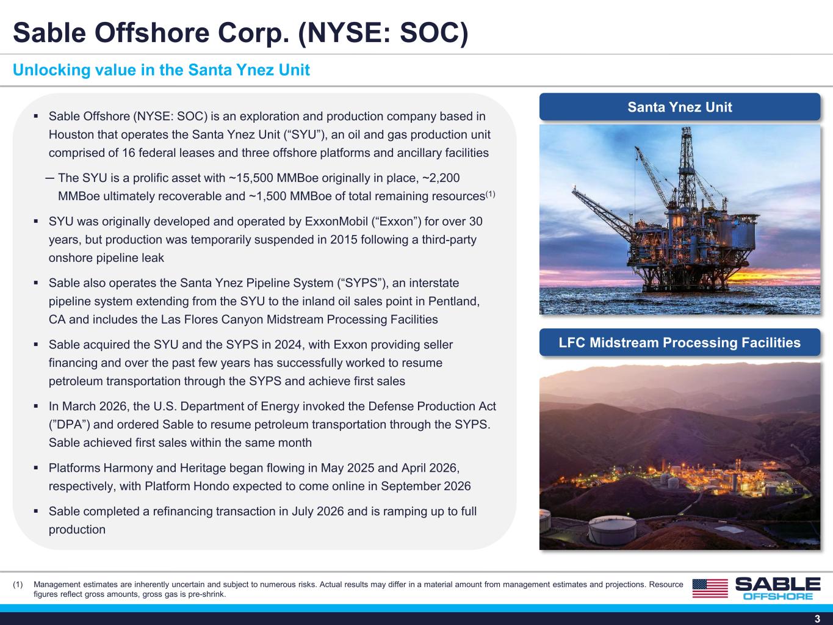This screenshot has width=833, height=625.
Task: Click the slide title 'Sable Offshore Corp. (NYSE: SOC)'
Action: point(240,33)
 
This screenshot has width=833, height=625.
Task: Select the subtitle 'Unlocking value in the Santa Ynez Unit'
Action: point(161,70)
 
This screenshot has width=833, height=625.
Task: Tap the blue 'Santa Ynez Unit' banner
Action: point(680,107)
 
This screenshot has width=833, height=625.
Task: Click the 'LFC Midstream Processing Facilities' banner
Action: point(680,342)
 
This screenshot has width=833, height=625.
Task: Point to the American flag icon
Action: point(710,588)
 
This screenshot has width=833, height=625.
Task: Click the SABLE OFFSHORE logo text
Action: point(777,588)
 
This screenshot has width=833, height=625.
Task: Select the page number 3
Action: point(817,619)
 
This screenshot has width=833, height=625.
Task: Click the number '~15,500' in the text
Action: point(251,178)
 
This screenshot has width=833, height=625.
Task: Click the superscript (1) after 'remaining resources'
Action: point(490,194)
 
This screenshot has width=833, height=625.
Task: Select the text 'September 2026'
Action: point(426,486)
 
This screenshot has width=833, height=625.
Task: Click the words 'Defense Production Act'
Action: point(432,406)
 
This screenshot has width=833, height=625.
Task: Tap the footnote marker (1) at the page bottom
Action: point(18,584)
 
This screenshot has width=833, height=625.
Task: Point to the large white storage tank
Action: point(612,530)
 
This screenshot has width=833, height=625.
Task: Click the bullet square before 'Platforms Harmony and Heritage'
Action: point(35,468)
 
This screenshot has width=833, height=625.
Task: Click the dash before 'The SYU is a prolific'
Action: point(49,178)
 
